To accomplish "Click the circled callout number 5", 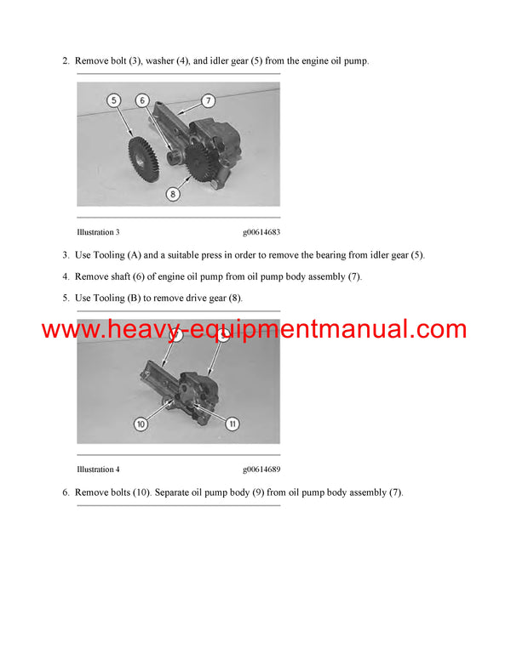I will coord(113,100).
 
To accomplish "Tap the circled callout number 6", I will coord(141,100).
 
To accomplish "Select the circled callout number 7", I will coord(207,101).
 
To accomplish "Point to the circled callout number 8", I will coord(173,193).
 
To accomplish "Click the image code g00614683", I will coord(261,231).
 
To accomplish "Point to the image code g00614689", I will coord(261,469).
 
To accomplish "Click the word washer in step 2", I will coord(167,62).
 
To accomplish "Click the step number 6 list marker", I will coord(65,492).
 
